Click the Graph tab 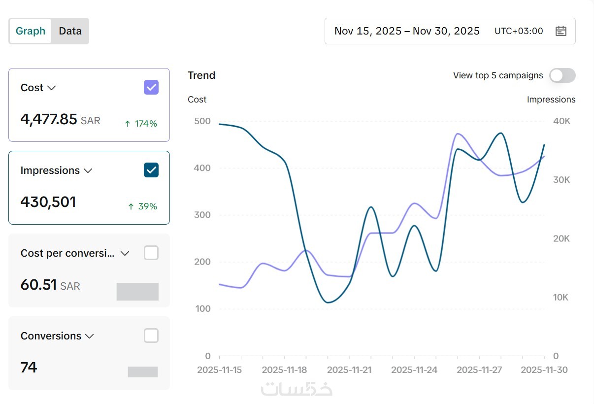click(31, 31)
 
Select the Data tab click(70, 31)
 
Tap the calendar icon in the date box click(561, 31)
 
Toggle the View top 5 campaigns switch click(562, 75)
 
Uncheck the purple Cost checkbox click(151, 88)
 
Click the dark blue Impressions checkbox click(151, 170)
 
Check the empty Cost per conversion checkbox click(151, 253)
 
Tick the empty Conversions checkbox click(151, 336)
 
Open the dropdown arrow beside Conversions click(89, 336)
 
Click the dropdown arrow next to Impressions click(88, 170)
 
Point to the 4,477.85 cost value click(49, 119)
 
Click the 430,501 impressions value click(48, 202)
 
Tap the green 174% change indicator click(141, 124)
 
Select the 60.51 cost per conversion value click(38, 285)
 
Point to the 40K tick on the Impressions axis click(561, 121)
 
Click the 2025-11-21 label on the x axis click(349, 370)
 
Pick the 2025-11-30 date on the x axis click(544, 370)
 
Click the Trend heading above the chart click(201, 75)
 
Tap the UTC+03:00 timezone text click(519, 31)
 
